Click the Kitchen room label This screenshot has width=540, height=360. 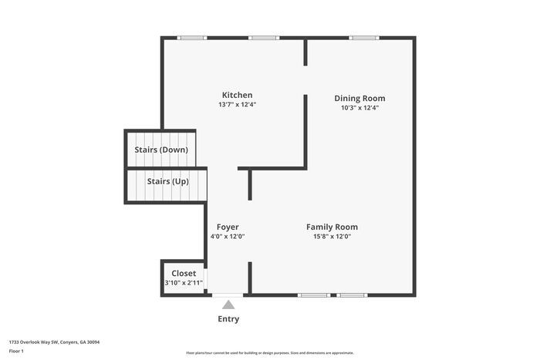[237, 95]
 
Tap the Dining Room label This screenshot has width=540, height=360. [359, 98]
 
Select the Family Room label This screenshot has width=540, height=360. [332, 227]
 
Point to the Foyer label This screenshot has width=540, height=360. [228, 227]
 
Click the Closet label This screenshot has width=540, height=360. [184, 273]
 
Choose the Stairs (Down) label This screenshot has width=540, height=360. [161, 150]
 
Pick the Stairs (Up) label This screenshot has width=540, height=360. [168, 181]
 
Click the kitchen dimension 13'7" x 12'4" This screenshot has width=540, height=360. [237, 105]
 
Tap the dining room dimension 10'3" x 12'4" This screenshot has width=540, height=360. [359, 108]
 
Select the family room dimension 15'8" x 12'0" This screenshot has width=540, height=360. [332, 237]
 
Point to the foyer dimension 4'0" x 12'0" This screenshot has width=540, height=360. [228, 237]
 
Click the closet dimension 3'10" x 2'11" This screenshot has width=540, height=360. [184, 283]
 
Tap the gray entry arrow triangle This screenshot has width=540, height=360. [228, 305]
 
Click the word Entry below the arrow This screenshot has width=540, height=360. [228, 319]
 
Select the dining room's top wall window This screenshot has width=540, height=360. [363, 37]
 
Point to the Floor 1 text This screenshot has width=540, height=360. [17, 351]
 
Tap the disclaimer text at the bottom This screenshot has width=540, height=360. [269, 352]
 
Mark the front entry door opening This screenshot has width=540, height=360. [228, 294]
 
